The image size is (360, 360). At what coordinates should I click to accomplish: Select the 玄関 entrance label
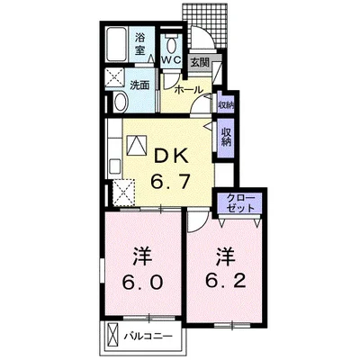click(x=199, y=62)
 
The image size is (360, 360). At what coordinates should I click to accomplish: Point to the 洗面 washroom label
click(x=139, y=85)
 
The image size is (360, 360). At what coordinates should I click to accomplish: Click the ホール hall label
click(x=187, y=90)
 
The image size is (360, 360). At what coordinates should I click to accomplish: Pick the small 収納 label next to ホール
click(x=224, y=105)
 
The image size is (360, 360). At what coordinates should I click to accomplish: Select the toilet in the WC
click(x=170, y=41)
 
